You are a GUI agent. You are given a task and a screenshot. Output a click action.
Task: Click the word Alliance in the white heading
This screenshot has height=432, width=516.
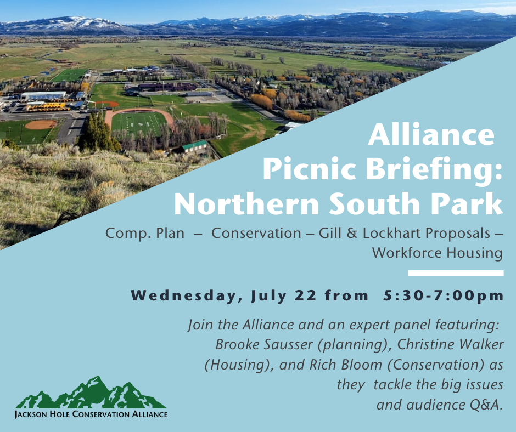[x=431, y=134]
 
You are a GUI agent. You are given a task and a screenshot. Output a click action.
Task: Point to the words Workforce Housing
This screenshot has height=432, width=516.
[x=438, y=253]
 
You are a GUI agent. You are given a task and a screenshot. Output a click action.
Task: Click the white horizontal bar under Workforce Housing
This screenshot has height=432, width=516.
[x=456, y=273]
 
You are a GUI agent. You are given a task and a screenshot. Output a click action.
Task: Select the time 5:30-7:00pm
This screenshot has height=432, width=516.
[x=444, y=295]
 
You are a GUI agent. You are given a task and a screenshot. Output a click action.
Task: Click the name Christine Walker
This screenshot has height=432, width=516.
[x=451, y=344]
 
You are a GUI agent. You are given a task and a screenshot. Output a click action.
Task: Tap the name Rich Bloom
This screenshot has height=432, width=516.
[x=345, y=365]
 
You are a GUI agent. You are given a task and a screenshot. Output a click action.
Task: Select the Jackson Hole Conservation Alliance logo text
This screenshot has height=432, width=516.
[x=91, y=414]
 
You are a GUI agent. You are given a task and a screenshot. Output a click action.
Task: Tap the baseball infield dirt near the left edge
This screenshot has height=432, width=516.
[x=41, y=124]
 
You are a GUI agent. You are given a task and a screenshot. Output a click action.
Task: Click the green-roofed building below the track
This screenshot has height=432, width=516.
[x=195, y=146]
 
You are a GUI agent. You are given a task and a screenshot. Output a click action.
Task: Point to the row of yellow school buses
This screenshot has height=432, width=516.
[x=48, y=107]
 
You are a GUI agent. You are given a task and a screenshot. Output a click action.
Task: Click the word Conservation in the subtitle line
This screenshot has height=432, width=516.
[x=256, y=233]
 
